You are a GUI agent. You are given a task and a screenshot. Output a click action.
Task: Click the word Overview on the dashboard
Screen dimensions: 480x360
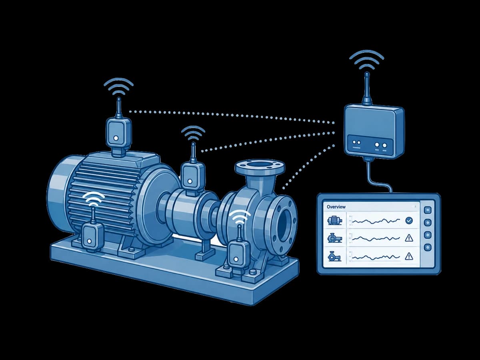(336, 207)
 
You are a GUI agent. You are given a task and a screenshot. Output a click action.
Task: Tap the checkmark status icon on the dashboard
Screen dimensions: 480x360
(409, 220)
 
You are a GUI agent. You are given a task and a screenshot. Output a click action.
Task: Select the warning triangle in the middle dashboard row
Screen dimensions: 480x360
(409, 238)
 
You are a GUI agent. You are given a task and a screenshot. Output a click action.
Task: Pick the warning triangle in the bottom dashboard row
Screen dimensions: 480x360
(409, 256)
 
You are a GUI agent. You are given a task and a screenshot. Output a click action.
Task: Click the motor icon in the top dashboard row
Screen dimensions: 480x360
(335, 220)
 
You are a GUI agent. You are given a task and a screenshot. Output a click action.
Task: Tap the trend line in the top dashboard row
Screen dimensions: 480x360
(376, 221)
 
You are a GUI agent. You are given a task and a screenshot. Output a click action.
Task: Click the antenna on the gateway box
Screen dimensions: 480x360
(367, 88)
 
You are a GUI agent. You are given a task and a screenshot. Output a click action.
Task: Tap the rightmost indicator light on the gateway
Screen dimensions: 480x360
(384, 145)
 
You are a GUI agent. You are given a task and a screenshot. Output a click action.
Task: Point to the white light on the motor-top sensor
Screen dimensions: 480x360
(116, 138)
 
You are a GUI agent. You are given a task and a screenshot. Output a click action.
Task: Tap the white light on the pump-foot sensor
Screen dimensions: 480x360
(236, 259)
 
